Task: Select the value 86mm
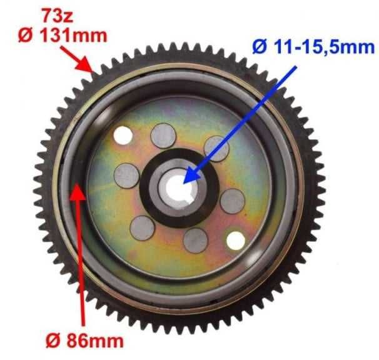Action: pos(97,341)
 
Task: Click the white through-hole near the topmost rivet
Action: pos(123,134)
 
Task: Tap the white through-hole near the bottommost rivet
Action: pos(235,241)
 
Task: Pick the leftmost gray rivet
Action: pos(126,176)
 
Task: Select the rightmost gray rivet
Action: pos(233,201)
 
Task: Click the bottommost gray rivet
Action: pos(196,240)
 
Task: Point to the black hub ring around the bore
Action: pos(150,187)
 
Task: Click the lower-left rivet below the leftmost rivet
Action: pos(143,227)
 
